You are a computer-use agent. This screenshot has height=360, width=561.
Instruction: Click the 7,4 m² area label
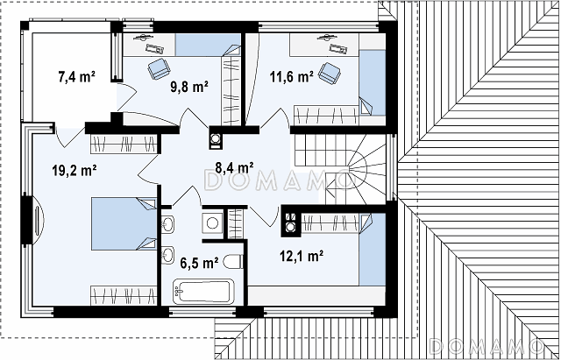(76, 76)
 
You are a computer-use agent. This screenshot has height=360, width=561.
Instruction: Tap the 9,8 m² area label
(189, 87)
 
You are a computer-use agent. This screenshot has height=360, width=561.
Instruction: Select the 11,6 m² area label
(292, 76)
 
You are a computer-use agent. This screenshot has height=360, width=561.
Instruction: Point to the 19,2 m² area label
(75, 171)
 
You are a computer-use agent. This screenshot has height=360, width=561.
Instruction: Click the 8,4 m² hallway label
(234, 166)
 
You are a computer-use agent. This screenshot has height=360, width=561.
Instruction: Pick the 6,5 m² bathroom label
(199, 264)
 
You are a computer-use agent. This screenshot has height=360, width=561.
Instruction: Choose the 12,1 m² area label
(302, 256)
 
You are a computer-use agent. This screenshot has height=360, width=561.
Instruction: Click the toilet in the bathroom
(233, 262)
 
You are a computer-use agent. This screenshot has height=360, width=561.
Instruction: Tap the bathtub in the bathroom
(203, 292)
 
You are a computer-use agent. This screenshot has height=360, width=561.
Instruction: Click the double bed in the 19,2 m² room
(124, 223)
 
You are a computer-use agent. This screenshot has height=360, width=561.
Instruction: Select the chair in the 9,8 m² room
(159, 68)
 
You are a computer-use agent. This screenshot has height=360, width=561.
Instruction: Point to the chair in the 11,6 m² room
(330, 73)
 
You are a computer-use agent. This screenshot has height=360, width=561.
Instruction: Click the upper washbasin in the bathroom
(167, 224)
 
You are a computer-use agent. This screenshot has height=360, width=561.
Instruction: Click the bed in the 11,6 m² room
(373, 82)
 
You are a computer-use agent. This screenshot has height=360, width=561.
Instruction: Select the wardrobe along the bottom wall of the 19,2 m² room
(124, 295)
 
